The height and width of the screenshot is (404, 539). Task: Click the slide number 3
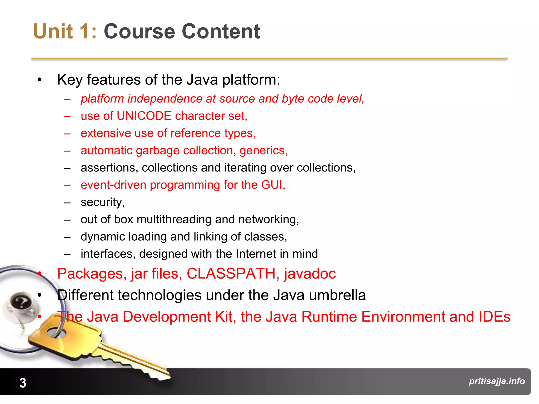[x=23, y=383]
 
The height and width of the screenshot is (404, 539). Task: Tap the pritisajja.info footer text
[x=497, y=381]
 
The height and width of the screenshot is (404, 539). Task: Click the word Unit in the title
[x=53, y=31]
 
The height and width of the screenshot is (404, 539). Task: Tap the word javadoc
[x=310, y=274]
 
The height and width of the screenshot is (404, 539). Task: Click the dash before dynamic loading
[x=67, y=237]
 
